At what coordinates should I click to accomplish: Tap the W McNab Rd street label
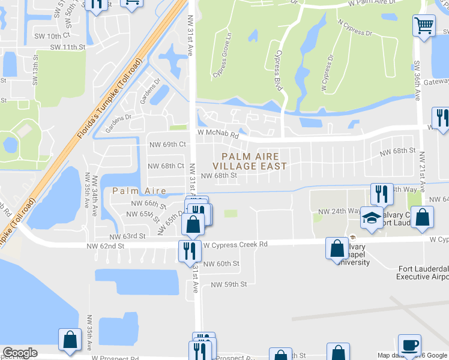point(218,135)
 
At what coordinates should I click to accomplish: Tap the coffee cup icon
point(409,345)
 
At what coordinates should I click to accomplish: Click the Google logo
point(20,353)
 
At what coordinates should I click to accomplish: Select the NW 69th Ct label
point(167,145)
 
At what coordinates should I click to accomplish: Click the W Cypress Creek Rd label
point(235,245)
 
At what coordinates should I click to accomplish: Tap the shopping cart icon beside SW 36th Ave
point(424,26)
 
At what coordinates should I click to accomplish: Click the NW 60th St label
point(221,263)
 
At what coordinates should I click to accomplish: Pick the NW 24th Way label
point(339,211)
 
